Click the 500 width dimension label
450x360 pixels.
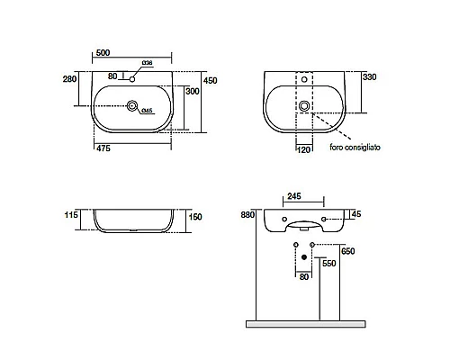[103, 53]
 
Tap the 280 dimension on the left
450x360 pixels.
[69, 79]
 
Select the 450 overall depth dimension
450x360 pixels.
[211, 81]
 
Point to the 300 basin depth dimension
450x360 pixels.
[193, 91]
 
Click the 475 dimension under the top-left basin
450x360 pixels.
[103, 148]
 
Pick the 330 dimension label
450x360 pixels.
[370, 77]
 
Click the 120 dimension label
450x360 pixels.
[303, 149]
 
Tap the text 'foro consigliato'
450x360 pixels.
[355, 148]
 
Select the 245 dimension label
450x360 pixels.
[294, 196]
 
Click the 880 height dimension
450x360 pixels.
[247, 215]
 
